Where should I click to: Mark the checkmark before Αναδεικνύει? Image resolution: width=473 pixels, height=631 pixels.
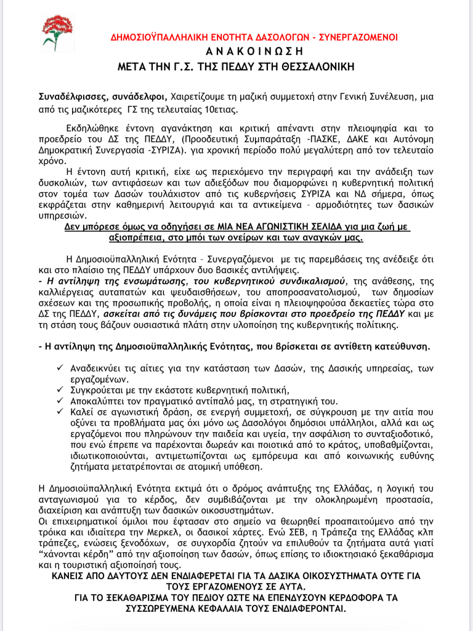59,367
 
